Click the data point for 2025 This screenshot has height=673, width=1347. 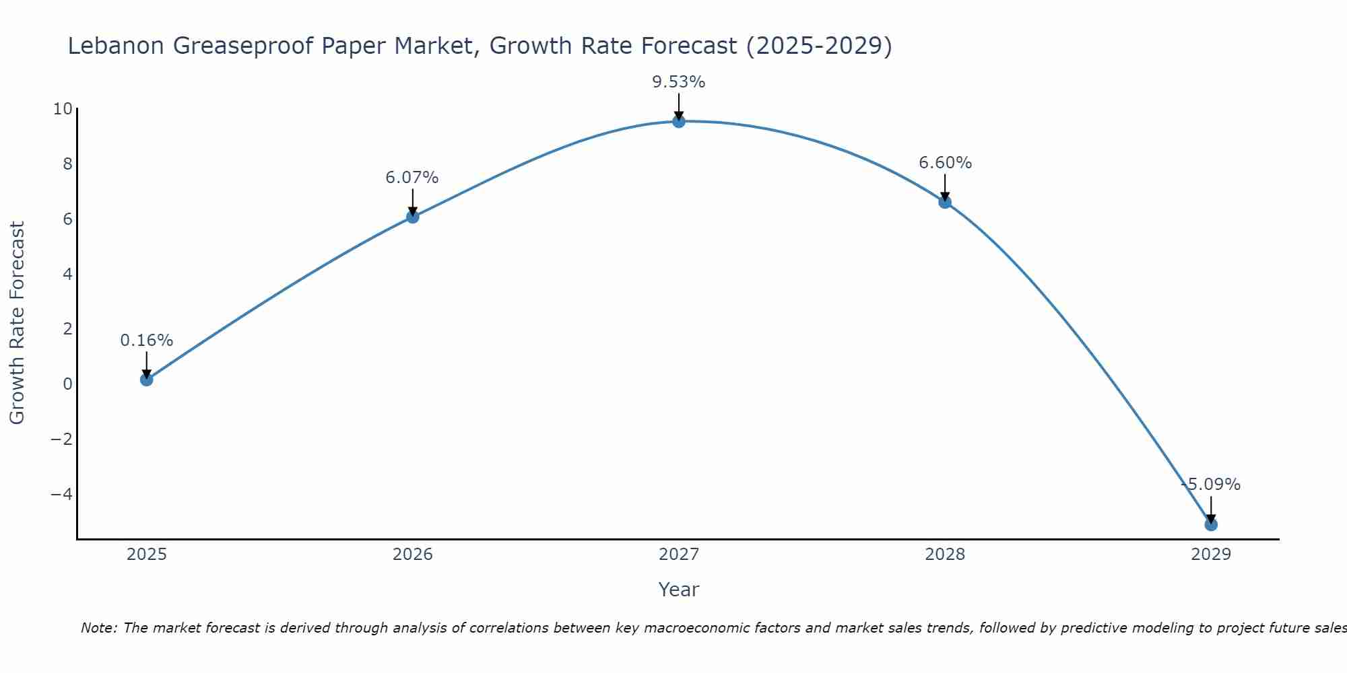coord(147,380)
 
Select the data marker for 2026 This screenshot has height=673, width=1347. coord(413,217)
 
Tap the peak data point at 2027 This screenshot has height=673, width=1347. coord(679,121)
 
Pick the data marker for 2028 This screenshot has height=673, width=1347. coord(945,202)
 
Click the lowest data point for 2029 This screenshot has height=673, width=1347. coord(1211,524)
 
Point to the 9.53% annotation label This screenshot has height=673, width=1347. coord(679,82)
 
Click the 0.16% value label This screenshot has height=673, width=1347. coord(147,341)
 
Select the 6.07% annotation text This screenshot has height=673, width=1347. coord(412,178)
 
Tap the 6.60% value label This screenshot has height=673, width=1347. coord(945,163)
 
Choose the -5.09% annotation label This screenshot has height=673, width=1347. coord(1211,485)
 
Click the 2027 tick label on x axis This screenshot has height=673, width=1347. coord(679,555)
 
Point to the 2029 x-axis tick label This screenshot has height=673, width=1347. coord(1211,555)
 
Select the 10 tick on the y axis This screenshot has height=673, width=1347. coord(63,109)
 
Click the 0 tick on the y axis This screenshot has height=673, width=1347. coord(67,384)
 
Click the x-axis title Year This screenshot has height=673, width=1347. coord(679,590)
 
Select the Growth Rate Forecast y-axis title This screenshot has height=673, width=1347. coord(17,323)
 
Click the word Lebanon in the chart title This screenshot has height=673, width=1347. coord(117,46)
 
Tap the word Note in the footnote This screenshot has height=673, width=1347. coord(99,628)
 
